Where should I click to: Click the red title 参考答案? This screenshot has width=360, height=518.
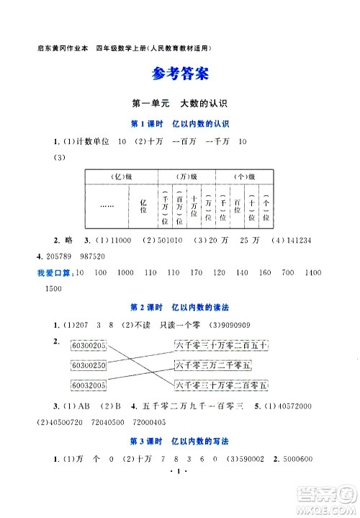[180, 74]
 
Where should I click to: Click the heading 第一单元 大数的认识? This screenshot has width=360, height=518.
[179, 104]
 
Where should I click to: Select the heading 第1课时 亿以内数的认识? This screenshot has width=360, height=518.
[179, 123]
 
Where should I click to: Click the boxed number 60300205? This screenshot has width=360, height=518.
[89, 347]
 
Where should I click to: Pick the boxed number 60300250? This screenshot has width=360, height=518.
[89, 365]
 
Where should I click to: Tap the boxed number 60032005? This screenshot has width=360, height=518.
[89, 384]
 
